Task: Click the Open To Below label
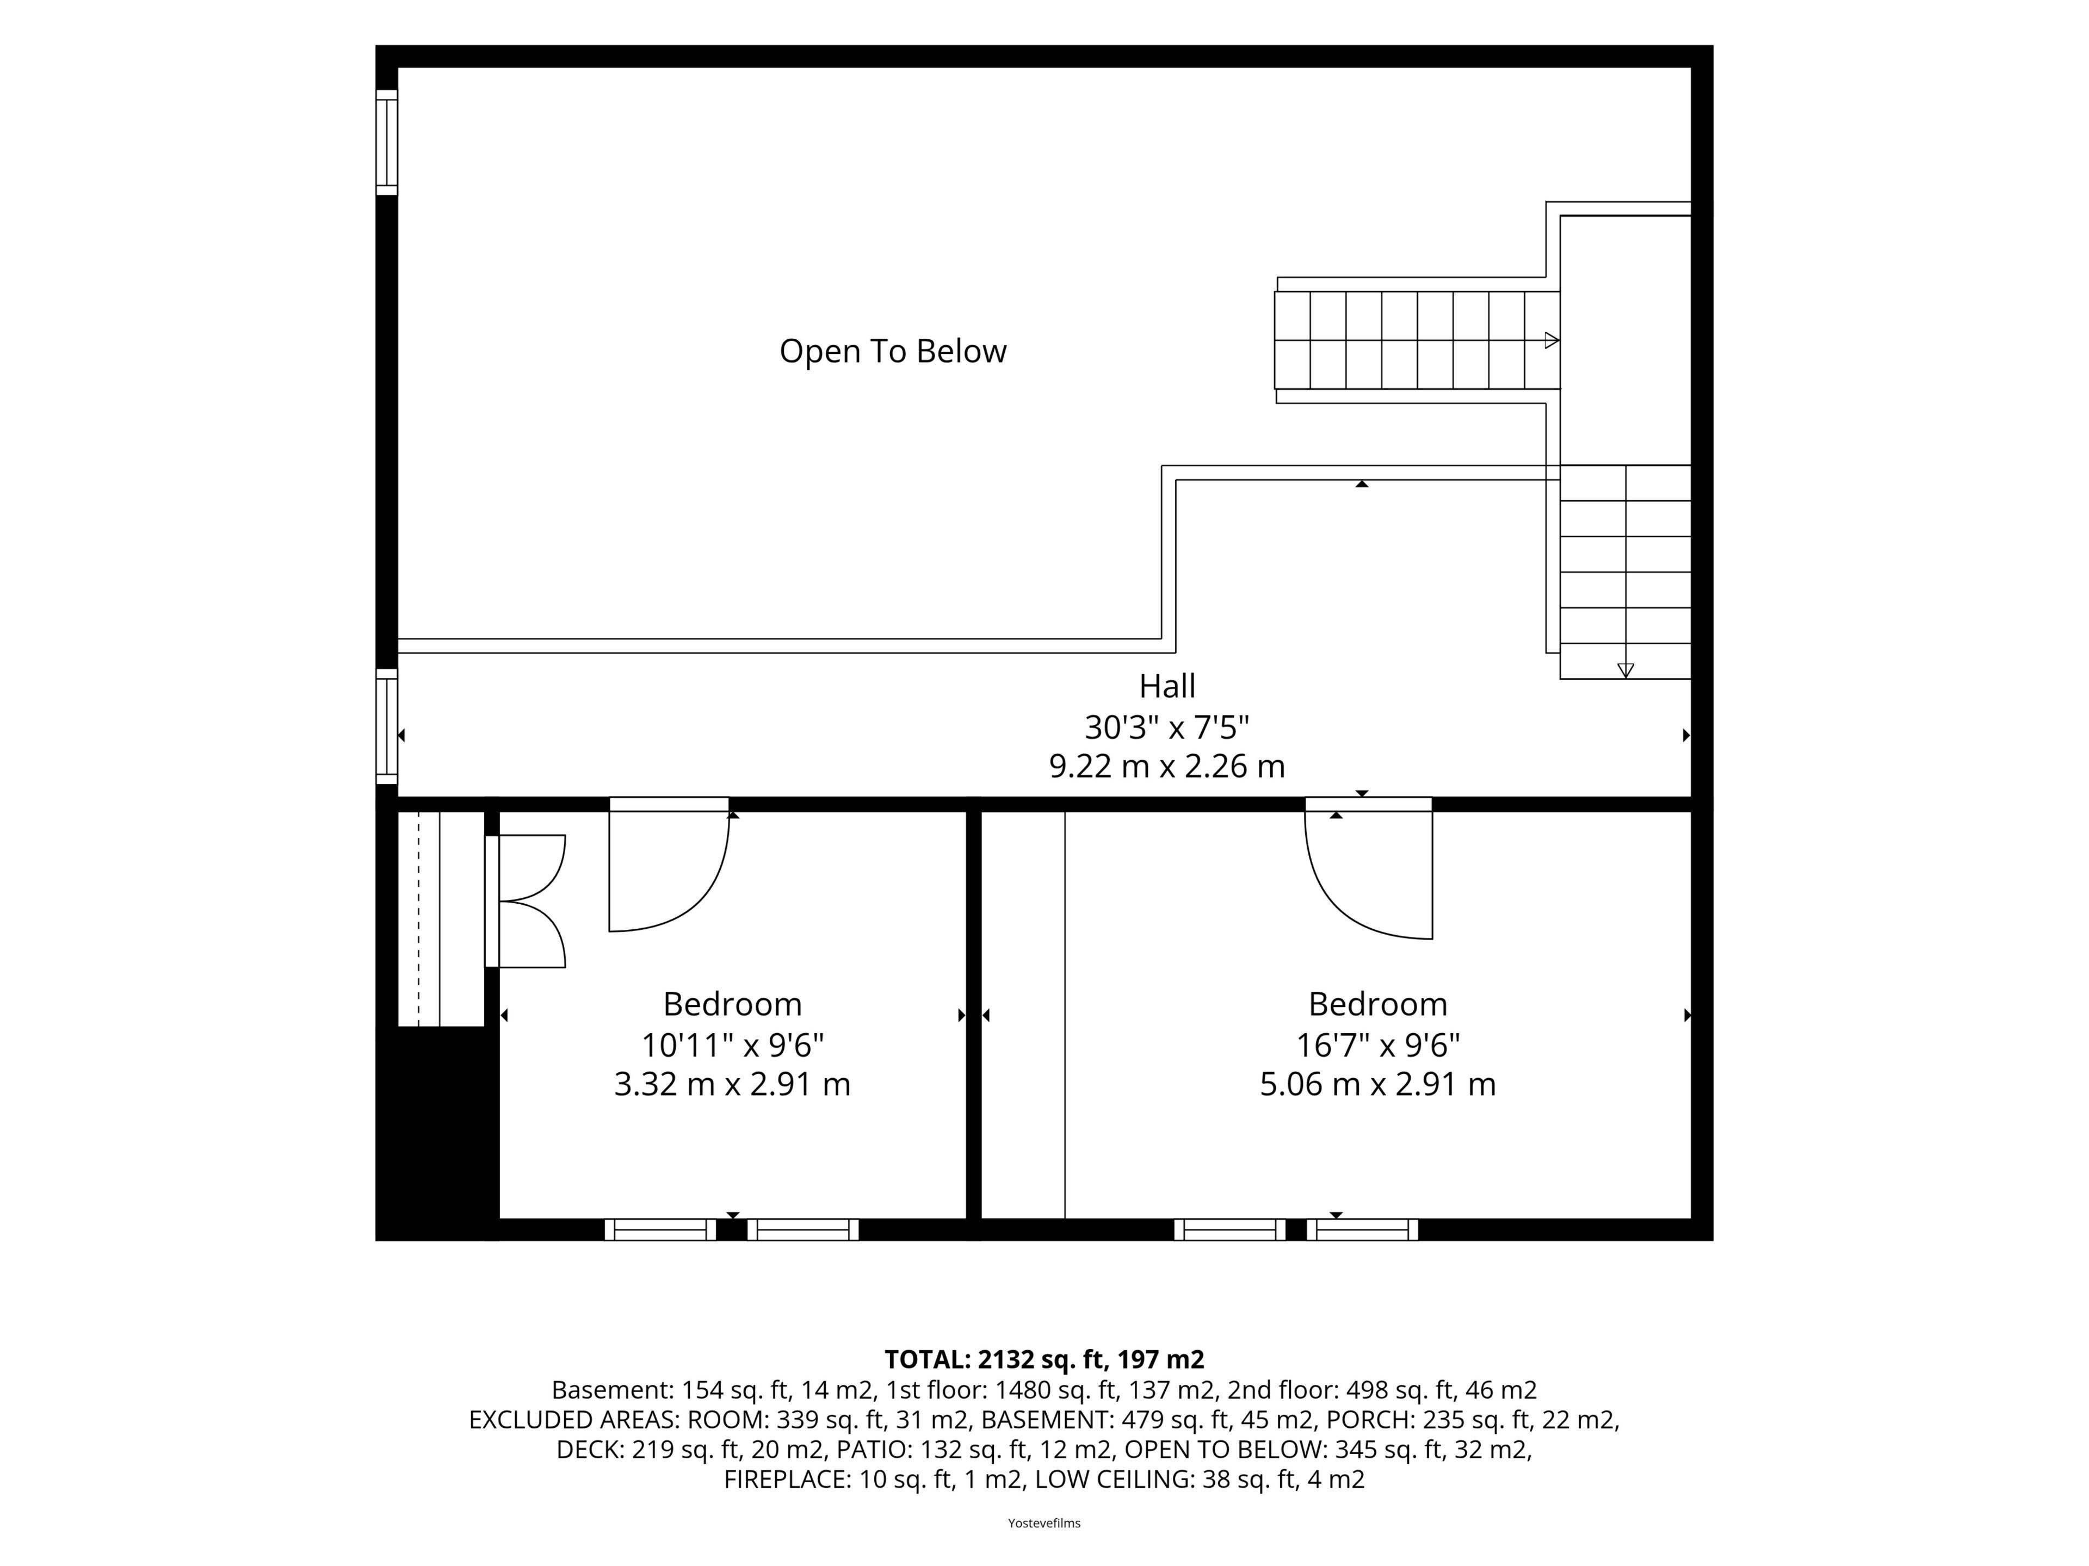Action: (x=893, y=351)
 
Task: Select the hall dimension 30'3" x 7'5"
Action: (x=1167, y=727)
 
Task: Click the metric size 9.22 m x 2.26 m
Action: (x=1167, y=766)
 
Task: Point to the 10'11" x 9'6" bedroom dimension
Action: (x=733, y=1045)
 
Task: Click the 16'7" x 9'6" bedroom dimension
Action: (x=1378, y=1045)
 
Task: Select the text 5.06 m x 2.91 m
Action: (x=1378, y=1084)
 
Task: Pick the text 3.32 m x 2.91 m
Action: (x=733, y=1084)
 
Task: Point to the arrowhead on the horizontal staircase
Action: (x=1550, y=341)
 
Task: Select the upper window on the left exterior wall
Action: (x=386, y=142)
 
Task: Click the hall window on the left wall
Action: (x=386, y=726)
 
